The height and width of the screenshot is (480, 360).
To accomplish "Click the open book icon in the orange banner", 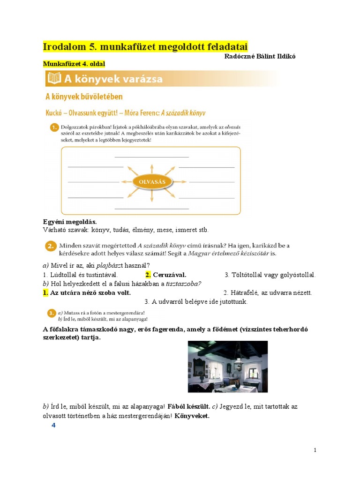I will point(54,79).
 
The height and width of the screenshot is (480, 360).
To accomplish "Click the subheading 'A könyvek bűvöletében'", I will point(84,97).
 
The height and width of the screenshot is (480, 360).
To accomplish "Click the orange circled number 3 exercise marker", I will point(51,313).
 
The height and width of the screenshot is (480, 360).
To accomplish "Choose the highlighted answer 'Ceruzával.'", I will point(169,275).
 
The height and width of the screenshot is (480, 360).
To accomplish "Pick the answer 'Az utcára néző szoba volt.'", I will point(90,292).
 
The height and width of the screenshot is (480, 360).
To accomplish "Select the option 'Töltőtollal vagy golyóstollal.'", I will point(270,275).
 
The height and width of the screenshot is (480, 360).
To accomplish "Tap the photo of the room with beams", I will point(228,367).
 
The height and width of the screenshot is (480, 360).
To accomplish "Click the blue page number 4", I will point(53,425).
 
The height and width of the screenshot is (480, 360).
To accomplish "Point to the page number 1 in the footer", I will point(315,450).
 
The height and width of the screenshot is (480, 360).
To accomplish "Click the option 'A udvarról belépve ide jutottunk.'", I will point(196,301).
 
